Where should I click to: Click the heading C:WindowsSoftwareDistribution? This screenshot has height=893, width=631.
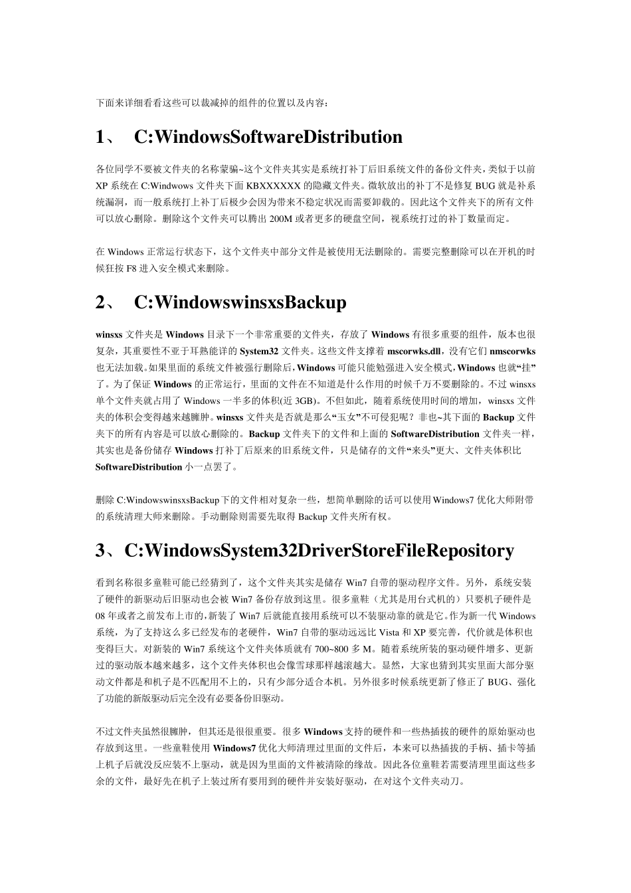tap(268, 137)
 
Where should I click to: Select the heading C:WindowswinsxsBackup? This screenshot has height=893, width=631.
tap(240, 302)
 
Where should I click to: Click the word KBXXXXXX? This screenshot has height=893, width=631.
tap(274, 185)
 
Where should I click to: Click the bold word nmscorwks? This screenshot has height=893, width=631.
tap(512, 351)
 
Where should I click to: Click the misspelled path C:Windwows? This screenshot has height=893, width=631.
tap(168, 185)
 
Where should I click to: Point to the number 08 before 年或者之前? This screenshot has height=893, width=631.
tap(101, 616)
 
